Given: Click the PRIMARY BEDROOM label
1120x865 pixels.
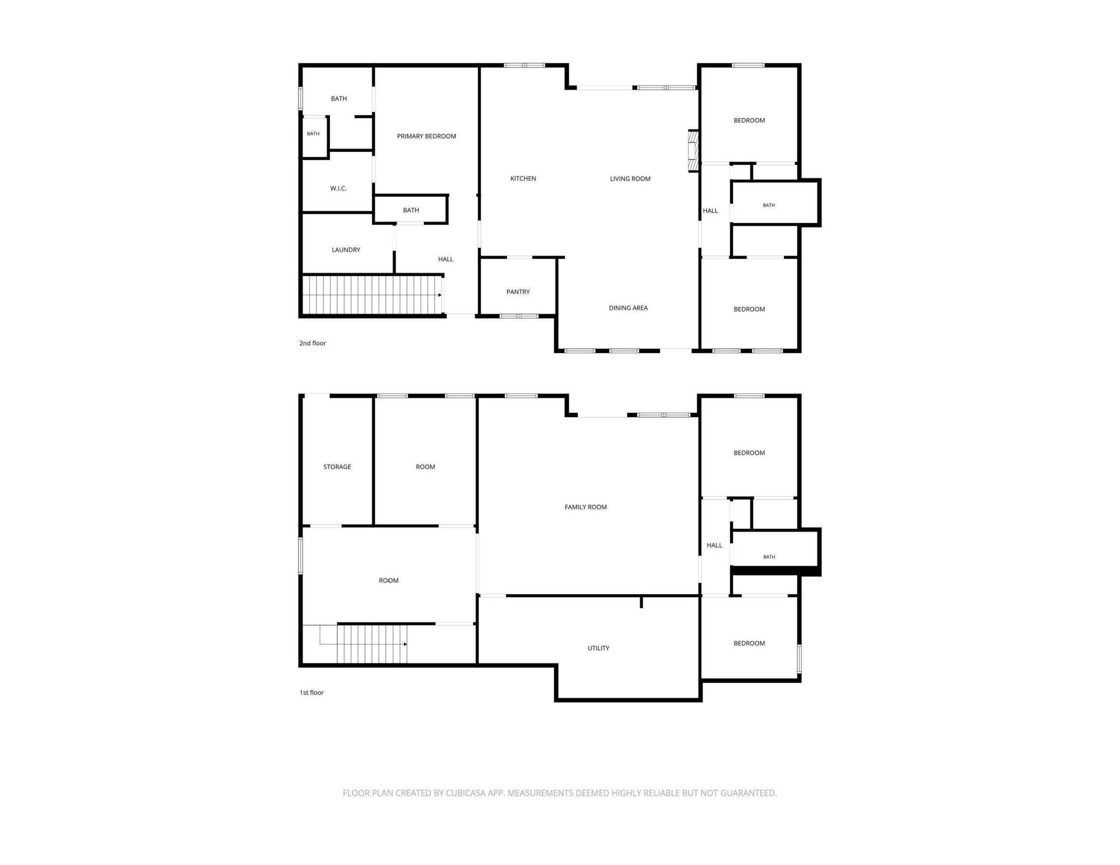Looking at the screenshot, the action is [x=426, y=136].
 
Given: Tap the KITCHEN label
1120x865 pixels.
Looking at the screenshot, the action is [x=523, y=178].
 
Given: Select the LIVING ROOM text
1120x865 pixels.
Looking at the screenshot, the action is [x=630, y=179].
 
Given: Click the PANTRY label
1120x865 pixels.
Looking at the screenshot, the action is [x=518, y=292].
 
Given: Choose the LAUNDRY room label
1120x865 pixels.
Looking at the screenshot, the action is [x=346, y=250].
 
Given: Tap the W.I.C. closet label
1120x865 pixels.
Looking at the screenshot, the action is [x=339, y=188].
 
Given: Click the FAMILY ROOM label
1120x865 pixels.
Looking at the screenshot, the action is [x=586, y=507].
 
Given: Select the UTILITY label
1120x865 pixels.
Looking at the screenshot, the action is [x=598, y=648].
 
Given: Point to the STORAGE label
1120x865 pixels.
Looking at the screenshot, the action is [x=337, y=467].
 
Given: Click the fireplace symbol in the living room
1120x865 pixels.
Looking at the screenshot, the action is [x=693, y=151].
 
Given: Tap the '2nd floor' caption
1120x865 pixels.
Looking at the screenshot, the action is [x=313, y=343].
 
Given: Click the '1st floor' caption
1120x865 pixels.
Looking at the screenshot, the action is [x=312, y=692].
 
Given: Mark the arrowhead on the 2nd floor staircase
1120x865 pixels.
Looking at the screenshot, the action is [x=440, y=295].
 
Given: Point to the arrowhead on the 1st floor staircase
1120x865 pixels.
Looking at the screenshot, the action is [x=405, y=644].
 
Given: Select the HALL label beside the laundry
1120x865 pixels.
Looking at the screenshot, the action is [x=446, y=259].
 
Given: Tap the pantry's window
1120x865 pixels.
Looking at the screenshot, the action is [x=519, y=316].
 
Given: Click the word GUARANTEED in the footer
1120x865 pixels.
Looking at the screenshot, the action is [x=748, y=793].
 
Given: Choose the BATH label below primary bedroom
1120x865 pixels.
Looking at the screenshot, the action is [x=411, y=210].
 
